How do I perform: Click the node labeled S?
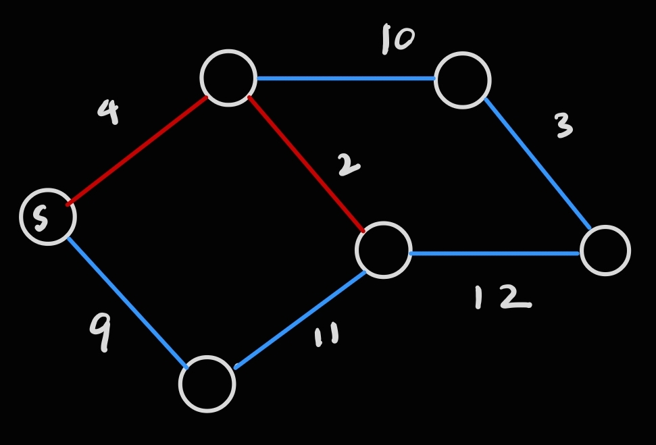click(48, 217)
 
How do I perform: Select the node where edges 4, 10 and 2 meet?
click(229, 78)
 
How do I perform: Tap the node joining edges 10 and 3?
click(463, 80)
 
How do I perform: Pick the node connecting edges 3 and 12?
click(605, 251)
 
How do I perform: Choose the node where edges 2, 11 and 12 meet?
click(384, 250)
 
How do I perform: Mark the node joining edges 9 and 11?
click(207, 384)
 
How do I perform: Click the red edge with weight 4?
click(137, 150)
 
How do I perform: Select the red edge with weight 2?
click(307, 165)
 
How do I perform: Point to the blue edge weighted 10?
click(346, 78)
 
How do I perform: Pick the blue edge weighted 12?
click(495, 253)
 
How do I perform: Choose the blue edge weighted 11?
click(301, 319)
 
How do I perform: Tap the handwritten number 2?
click(348, 165)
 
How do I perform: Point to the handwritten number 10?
click(397, 39)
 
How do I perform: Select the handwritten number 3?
click(563, 126)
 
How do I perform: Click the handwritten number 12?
click(501, 297)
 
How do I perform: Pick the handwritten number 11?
click(327, 335)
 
